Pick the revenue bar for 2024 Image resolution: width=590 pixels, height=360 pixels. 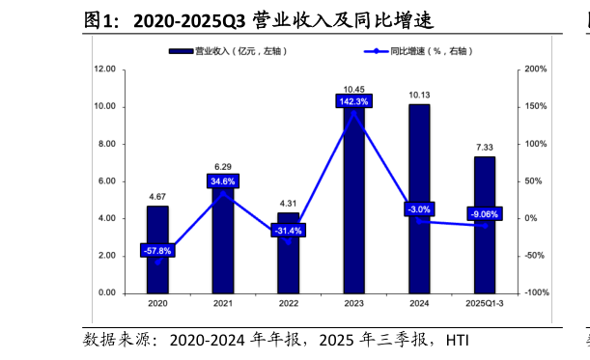(419, 251)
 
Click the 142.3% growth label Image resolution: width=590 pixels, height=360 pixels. (353, 101)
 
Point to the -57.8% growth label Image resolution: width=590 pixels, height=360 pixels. (157, 251)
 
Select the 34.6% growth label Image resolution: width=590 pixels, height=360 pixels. (223, 181)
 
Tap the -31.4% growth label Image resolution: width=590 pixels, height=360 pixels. (288, 231)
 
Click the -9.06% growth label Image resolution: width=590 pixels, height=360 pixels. (484, 214)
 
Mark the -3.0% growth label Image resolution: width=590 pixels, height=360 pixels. (419, 209)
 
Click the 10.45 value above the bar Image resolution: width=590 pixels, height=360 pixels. (353, 87)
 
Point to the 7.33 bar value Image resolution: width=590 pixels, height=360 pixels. (484, 147)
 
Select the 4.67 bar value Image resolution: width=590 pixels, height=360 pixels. (157, 197)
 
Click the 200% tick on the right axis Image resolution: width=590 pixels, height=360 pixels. (535, 69)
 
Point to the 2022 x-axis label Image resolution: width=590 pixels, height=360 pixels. (288, 304)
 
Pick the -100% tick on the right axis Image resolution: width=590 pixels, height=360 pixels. (537, 292)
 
